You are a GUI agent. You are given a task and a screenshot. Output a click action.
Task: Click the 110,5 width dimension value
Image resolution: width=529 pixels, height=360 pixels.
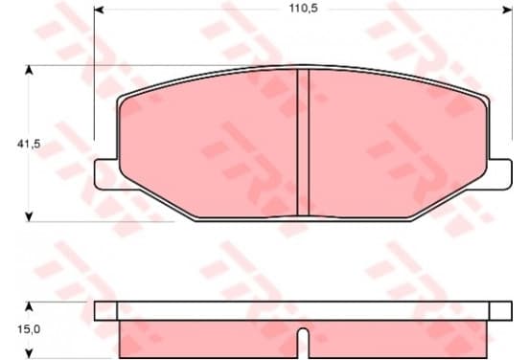tap(303, 8)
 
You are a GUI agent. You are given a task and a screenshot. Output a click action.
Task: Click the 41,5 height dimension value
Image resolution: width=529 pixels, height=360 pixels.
tap(29, 144)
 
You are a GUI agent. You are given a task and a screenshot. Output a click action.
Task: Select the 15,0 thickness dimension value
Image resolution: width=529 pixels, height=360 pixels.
tap(29, 329)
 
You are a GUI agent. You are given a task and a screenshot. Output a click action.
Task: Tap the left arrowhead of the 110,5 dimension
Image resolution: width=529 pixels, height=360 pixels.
tap(99, 10)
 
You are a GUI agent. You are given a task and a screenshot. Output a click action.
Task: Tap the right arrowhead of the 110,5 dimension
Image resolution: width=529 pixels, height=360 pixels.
tap(508, 10)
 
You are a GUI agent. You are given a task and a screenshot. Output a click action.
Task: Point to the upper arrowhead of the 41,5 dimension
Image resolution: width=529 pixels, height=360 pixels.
tap(30, 70)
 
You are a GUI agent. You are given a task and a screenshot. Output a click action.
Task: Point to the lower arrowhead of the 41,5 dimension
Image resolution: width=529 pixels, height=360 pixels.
tap(30, 216)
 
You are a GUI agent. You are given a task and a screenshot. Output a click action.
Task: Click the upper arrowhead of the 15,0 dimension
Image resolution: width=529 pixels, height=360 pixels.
tap(30, 306)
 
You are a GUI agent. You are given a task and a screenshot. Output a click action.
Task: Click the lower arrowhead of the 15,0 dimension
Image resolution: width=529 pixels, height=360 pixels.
tap(30, 353)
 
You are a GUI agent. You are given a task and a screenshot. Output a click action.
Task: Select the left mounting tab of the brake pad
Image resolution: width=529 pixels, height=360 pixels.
tap(106, 174)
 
